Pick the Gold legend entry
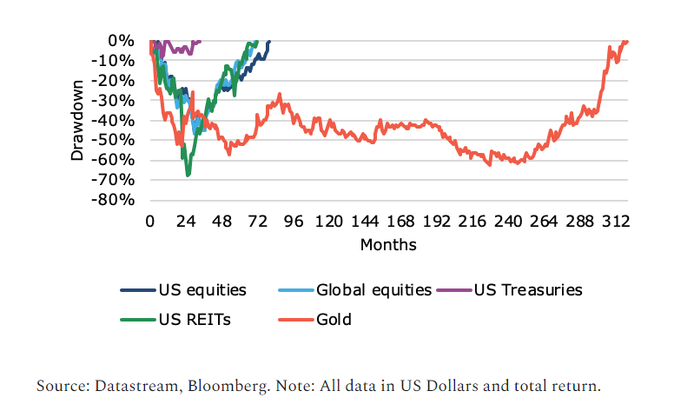334,319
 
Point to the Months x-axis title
388,244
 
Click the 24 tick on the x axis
186,222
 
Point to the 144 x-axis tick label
365,222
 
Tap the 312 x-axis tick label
616,222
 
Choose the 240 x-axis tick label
508,222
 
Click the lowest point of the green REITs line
188,176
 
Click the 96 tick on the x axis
294,222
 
